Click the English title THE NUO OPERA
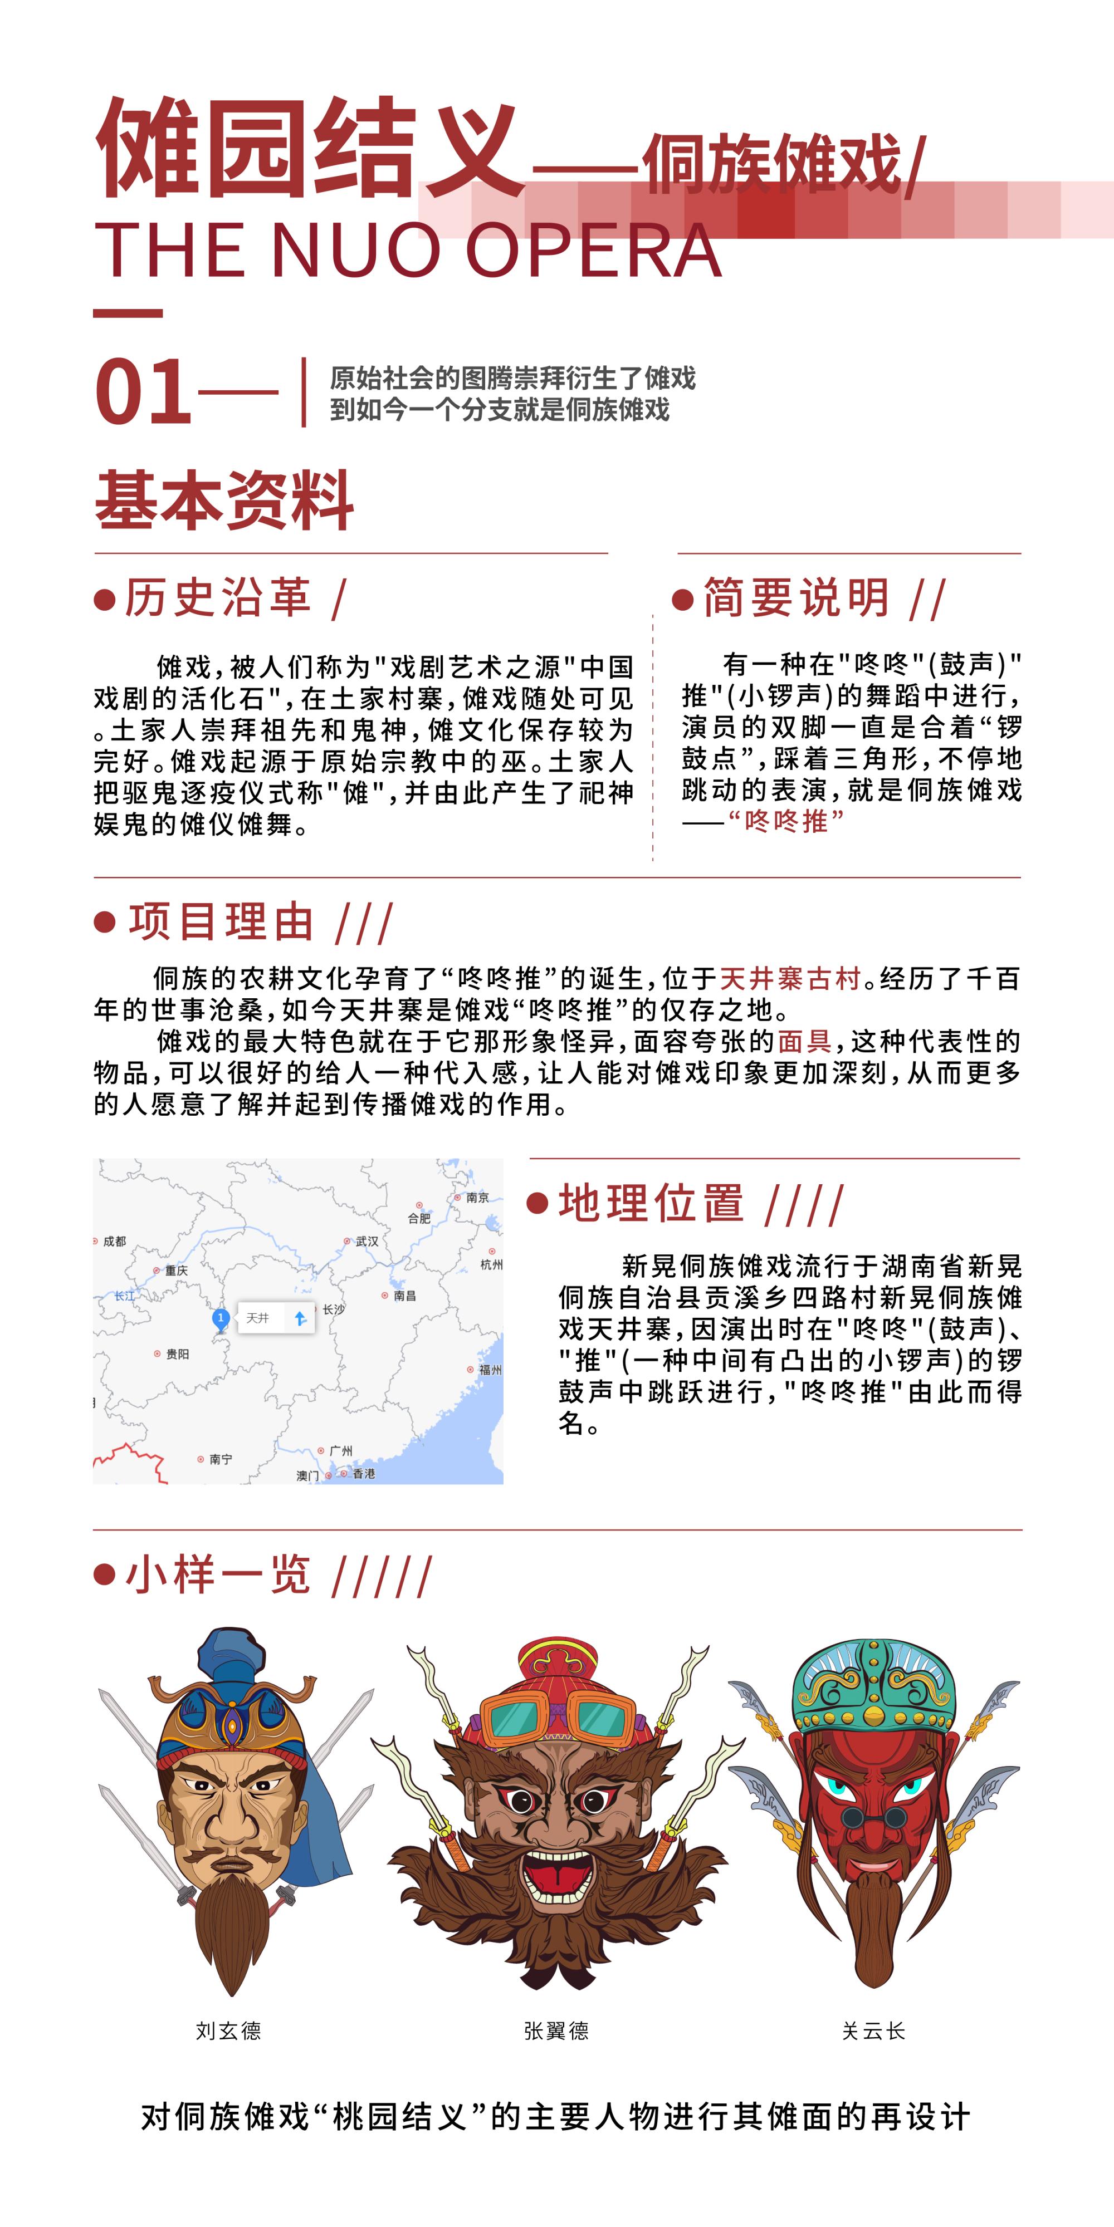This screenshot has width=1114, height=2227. click(407, 251)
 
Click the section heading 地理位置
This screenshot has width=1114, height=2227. click(651, 1203)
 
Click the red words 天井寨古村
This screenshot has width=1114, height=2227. click(790, 979)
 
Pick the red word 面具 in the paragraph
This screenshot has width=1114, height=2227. click(804, 1041)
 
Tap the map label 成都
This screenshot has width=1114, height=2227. click(114, 1242)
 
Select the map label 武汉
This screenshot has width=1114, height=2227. click(367, 1242)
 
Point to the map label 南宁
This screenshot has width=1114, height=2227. click(221, 1459)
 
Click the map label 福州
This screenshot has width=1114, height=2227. click(490, 1370)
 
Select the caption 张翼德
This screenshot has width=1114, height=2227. click(556, 2031)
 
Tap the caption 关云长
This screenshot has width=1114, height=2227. click(873, 2031)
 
